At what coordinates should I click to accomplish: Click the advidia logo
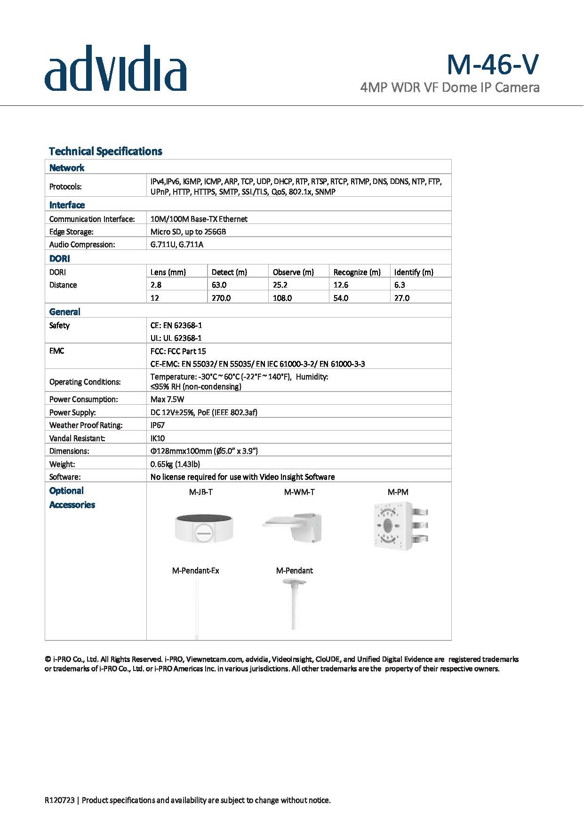[x=115, y=68]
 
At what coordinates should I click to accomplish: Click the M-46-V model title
[x=492, y=64]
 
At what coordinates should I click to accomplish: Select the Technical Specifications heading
[x=105, y=151]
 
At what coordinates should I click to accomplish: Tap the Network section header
[x=67, y=168]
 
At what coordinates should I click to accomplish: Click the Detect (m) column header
[x=229, y=272]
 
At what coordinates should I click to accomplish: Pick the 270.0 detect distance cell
[x=221, y=298]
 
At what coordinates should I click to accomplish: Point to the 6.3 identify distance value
[x=400, y=285]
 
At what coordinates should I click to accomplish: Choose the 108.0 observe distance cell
[x=282, y=298]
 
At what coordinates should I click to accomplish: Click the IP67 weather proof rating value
[x=158, y=425]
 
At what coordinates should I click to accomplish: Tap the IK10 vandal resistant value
[x=158, y=438]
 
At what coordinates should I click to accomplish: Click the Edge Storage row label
[x=72, y=232]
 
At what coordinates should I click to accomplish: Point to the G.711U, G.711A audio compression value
[x=177, y=244]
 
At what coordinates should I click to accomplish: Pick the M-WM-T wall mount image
[x=293, y=527]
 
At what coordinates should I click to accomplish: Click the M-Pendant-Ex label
[x=196, y=571]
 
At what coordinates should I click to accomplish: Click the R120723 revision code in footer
[x=60, y=800]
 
